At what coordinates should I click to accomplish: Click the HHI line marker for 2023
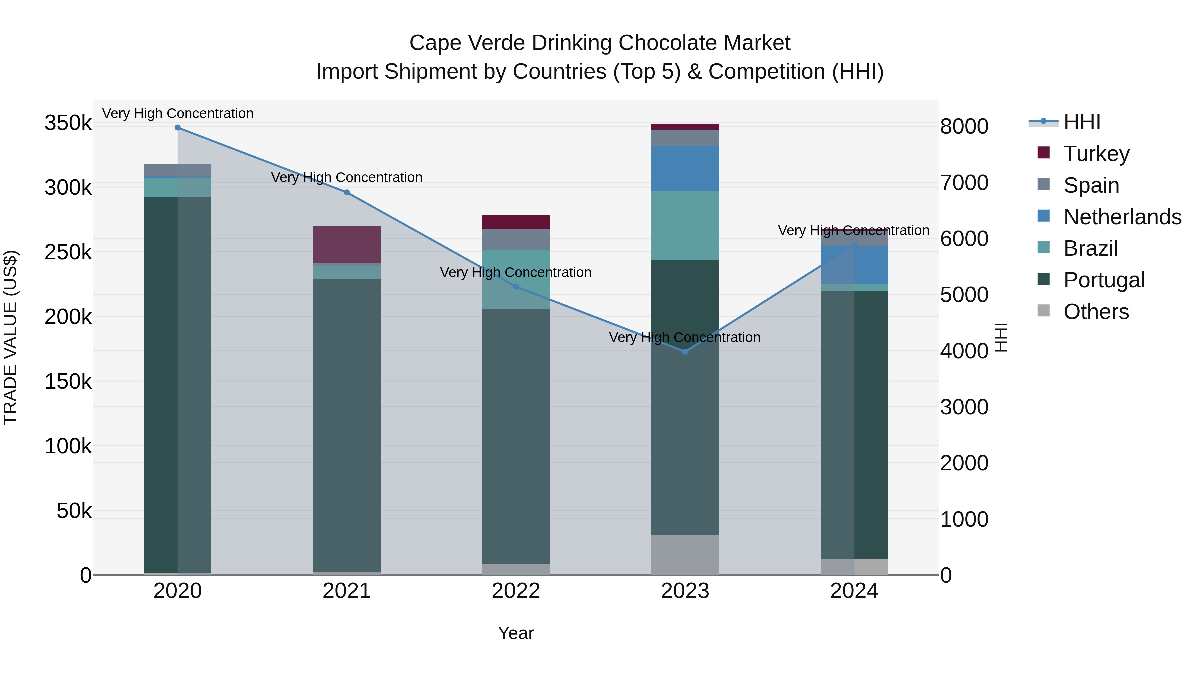click(685, 352)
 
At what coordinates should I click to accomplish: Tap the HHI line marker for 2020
click(177, 128)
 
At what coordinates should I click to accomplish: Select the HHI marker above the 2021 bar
click(347, 192)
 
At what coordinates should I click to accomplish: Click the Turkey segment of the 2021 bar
click(347, 245)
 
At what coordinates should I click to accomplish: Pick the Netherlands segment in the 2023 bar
click(685, 168)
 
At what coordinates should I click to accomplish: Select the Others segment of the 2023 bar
click(685, 554)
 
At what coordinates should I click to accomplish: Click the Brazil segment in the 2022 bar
click(516, 280)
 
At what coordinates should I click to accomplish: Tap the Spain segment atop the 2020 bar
click(177, 170)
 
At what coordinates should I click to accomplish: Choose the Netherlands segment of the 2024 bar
click(854, 265)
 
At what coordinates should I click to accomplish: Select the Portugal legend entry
click(1104, 280)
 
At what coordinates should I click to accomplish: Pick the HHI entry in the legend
click(1082, 122)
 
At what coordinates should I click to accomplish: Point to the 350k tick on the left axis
click(68, 123)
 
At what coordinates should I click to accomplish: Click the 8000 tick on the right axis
click(964, 126)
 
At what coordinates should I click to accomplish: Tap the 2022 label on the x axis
click(516, 591)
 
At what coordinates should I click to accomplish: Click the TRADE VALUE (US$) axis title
click(10, 337)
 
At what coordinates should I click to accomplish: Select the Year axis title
click(516, 633)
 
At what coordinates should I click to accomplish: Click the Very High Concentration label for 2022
click(516, 273)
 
